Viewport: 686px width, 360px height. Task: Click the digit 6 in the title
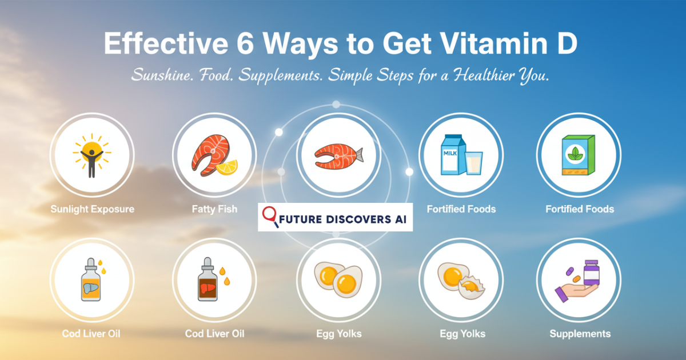245,43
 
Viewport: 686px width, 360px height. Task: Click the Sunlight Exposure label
93,209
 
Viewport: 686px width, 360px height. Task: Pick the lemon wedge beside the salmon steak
227,167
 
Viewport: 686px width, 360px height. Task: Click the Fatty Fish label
214,209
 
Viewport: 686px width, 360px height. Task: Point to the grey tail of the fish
358,155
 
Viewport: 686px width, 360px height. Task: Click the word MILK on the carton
450,153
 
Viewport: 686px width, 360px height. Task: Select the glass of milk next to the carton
474,163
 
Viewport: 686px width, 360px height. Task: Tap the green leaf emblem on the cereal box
576,153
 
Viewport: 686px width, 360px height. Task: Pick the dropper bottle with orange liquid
91,280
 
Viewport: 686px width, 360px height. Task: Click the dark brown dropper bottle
208,279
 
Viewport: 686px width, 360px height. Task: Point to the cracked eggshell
472,287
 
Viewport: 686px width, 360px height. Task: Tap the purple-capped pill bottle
591,273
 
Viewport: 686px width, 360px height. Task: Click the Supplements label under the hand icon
580,334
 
